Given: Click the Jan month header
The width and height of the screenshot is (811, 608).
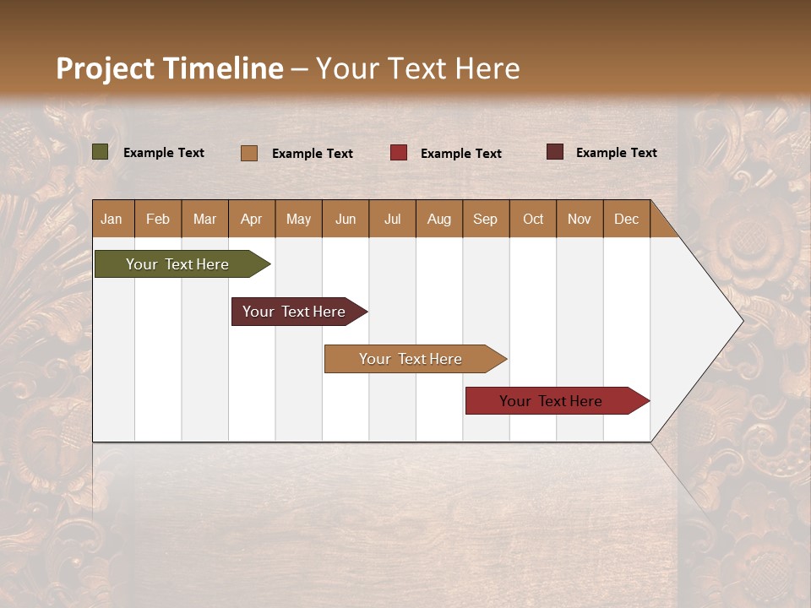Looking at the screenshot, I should coord(112,219).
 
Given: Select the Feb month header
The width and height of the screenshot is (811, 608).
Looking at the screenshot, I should coord(158,219).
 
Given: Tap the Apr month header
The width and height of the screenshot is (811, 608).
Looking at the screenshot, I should coord(252,219).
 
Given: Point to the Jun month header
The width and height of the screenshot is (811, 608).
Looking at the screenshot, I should coord(346,219).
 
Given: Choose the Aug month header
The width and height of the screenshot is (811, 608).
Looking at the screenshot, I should coord(438,219).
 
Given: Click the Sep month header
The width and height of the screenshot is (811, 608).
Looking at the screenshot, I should coord(486,219).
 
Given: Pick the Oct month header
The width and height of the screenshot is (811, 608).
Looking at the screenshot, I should coord(533,219).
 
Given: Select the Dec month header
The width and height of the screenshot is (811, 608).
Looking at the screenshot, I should coord(626,219).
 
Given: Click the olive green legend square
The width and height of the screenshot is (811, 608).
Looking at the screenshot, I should coord(101,152).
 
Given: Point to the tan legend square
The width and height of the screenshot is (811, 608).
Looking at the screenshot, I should coord(249,153).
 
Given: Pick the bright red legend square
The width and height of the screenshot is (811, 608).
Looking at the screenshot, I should coord(399,153).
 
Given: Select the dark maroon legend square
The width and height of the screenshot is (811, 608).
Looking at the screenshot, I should coord(555,152).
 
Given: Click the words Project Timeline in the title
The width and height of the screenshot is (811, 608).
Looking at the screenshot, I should coord(169,68).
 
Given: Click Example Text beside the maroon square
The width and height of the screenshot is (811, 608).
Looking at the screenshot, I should coord(616,153).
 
